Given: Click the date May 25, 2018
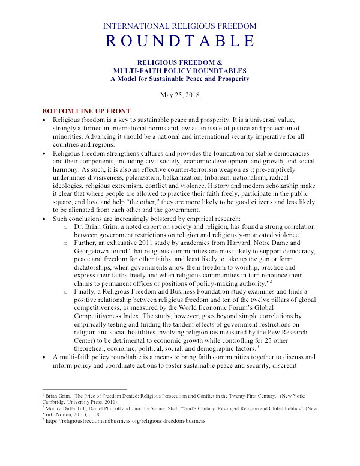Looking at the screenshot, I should (180, 95).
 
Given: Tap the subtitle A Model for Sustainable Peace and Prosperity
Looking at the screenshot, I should (180, 79).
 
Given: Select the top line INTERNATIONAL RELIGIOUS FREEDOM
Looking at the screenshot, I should (180, 26).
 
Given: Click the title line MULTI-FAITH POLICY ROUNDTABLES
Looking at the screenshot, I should (180, 71).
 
